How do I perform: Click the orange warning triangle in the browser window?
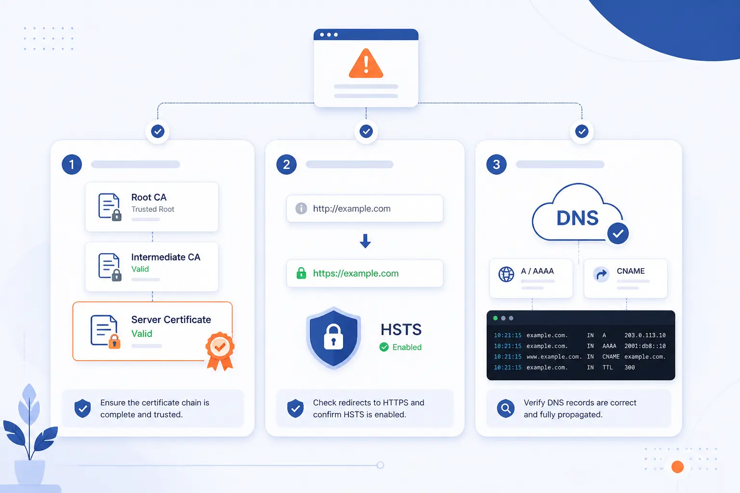[x=366, y=64]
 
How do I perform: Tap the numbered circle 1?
[x=72, y=165]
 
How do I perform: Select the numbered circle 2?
[x=287, y=165]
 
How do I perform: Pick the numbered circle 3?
[x=496, y=165]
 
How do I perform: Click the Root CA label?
[x=149, y=197]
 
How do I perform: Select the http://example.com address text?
[x=352, y=208]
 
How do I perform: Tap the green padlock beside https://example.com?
[x=301, y=273]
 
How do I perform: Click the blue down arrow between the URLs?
[x=365, y=241]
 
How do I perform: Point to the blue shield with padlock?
[x=333, y=338]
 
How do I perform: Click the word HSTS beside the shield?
[x=401, y=329]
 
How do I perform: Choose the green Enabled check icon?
[x=384, y=347]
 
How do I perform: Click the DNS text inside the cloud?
[x=578, y=218]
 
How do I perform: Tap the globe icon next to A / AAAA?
[x=506, y=274]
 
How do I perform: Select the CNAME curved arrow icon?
[x=601, y=274]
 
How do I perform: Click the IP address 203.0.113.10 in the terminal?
[x=645, y=335]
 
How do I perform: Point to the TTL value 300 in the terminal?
[x=629, y=367]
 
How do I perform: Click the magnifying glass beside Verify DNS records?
[x=506, y=408]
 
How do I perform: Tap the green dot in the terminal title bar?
[x=495, y=318]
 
